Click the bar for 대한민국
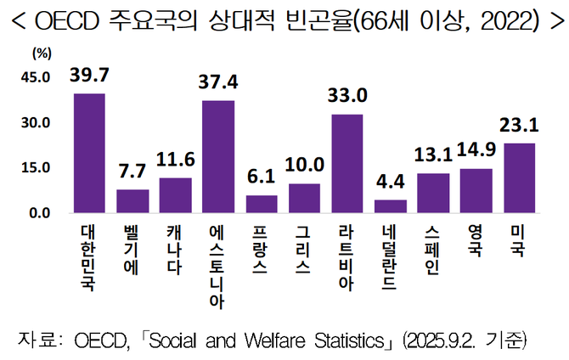tap(89, 153)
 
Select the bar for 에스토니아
tap(218, 156)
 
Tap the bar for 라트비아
tap(347, 163)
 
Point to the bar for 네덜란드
tap(391, 206)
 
